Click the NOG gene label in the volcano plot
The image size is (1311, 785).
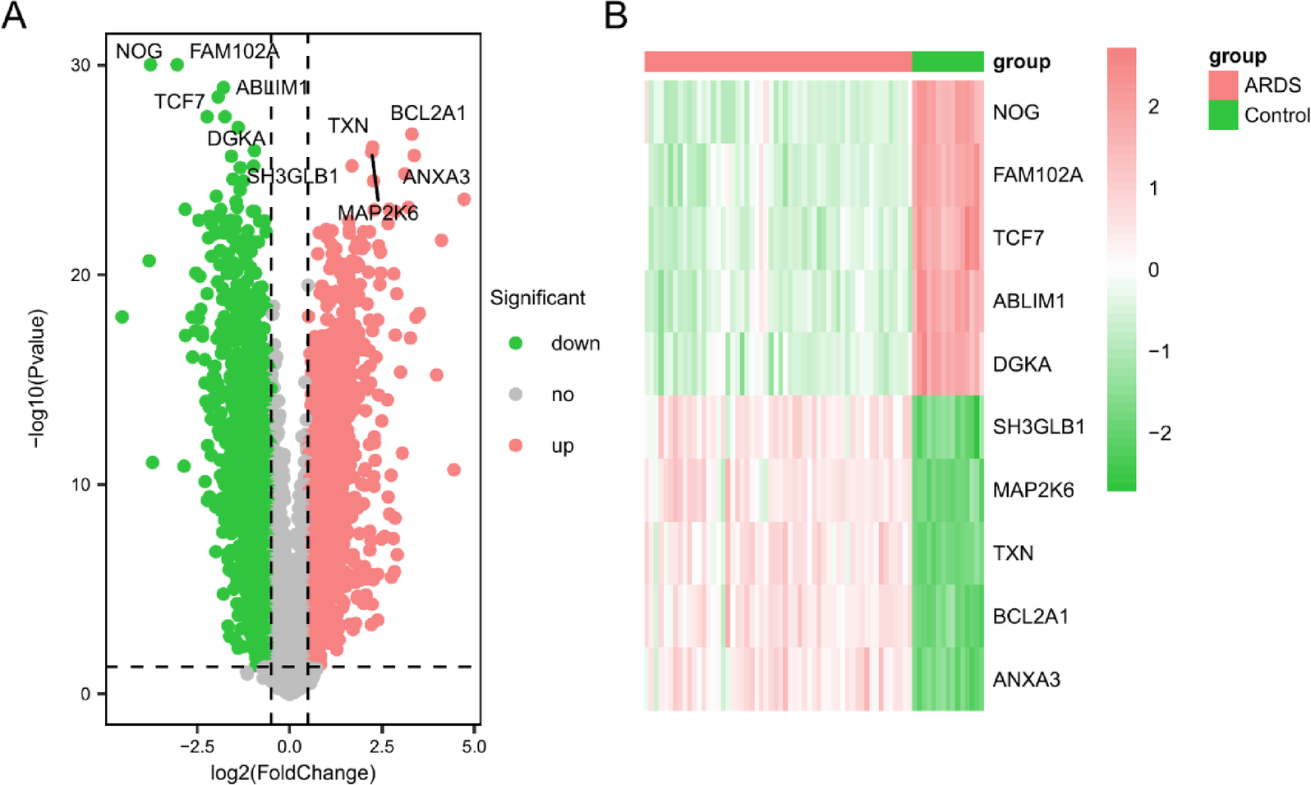[138, 52]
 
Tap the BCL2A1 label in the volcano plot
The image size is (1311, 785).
[427, 113]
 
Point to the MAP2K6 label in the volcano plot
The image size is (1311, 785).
[378, 214]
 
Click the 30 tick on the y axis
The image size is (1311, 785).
[80, 66]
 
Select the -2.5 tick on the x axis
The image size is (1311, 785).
[196, 746]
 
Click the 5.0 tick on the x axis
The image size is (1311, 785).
[474, 746]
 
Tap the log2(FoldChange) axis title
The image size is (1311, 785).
[293, 773]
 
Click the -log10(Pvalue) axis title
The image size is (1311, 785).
[37, 378]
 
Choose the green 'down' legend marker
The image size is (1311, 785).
[516, 343]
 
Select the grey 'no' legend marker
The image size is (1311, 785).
[516, 394]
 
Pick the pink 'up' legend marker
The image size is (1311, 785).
[516, 446]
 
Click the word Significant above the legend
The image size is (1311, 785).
[537, 298]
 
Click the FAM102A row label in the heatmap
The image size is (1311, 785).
[1037, 175]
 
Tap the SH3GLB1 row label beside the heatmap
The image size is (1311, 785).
[1038, 427]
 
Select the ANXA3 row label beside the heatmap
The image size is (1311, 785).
[1026, 680]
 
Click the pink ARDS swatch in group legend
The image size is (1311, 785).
[1222, 85]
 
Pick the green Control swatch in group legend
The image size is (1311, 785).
[1222, 115]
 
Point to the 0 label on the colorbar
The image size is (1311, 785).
[1153, 270]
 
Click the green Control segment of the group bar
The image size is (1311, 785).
[947, 62]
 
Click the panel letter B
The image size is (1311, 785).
[616, 16]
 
